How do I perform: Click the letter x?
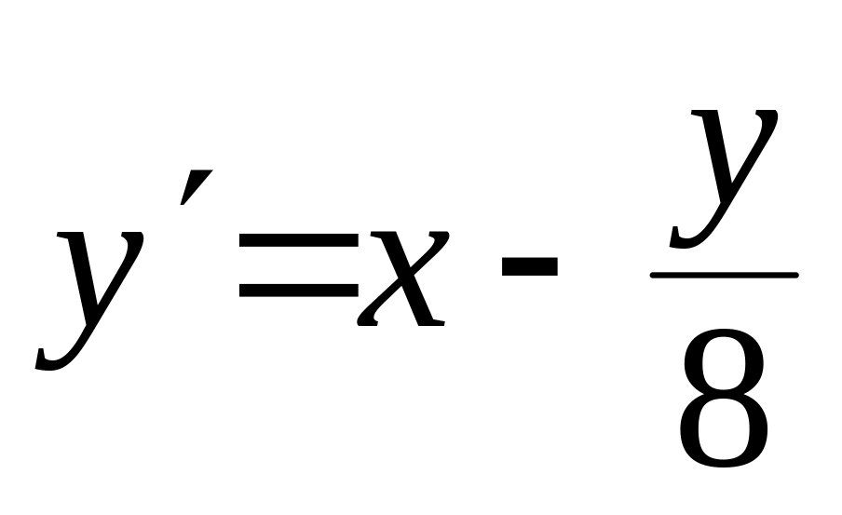[x=401, y=279]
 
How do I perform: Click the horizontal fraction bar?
[x=724, y=275]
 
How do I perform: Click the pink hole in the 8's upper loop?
[x=724, y=366]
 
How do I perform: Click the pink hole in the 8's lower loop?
[x=724, y=430]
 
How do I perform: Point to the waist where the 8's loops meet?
[x=724, y=395]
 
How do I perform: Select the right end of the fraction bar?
[x=795, y=275]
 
